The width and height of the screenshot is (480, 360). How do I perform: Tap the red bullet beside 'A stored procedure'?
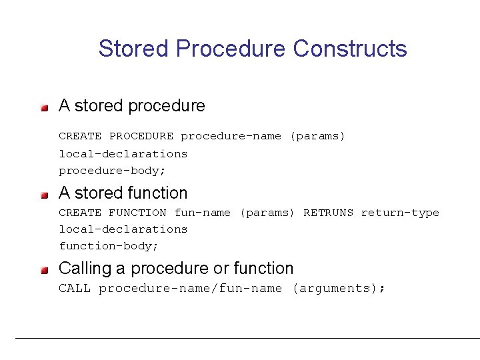(x=44, y=107)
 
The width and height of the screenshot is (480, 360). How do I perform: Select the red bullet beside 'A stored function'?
(x=44, y=194)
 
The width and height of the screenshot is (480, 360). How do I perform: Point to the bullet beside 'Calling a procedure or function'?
(x=44, y=269)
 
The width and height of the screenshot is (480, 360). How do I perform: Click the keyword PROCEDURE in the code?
(x=141, y=137)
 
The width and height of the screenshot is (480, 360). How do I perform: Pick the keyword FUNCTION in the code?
(x=137, y=213)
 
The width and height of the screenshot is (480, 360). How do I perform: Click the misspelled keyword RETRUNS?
(x=329, y=213)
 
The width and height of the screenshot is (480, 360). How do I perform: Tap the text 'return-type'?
(x=400, y=213)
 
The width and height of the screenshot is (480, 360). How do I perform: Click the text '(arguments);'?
(x=338, y=289)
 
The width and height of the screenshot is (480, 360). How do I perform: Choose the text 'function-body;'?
(x=109, y=246)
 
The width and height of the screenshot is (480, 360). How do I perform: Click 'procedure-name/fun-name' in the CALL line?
(x=190, y=289)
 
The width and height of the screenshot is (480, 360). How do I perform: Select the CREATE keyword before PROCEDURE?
(x=80, y=137)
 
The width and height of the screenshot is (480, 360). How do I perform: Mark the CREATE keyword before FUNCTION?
(x=80, y=213)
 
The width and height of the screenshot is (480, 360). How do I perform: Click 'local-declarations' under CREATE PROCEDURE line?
(x=123, y=153)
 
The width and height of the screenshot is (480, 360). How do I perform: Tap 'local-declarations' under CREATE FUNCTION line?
(x=123, y=229)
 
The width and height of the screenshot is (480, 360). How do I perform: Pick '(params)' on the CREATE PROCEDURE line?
(x=317, y=137)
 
